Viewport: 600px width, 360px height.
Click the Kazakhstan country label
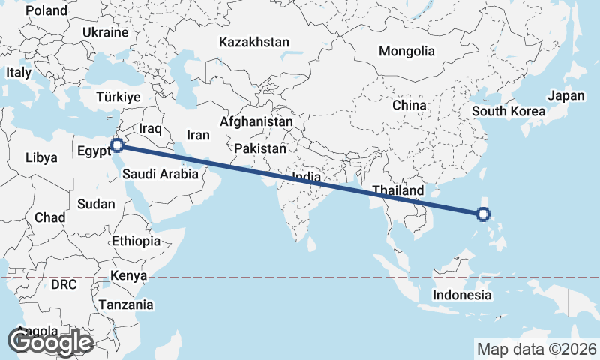tap(254, 43)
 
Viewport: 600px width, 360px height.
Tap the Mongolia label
tap(406, 52)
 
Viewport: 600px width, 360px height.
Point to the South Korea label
tap(508, 112)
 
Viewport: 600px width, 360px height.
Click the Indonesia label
tap(462, 295)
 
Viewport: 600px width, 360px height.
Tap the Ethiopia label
tap(136, 241)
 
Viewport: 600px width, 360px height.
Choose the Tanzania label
tap(126, 305)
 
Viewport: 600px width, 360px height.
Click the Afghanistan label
tap(256, 121)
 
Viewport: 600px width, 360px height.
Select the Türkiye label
tap(118, 97)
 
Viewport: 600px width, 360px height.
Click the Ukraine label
tap(106, 33)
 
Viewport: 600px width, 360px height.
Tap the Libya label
tap(40, 158)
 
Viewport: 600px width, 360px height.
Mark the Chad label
tap(50, 217)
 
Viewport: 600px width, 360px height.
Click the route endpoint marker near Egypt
tap(117, 145)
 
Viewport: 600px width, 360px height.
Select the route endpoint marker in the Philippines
tap(483, 215)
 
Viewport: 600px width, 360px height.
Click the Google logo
tap(50, 342)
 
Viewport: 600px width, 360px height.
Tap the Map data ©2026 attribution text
tap(537, 349)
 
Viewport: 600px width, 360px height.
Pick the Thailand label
tap(397, 190)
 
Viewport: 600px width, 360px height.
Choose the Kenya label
tap(128, 276)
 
